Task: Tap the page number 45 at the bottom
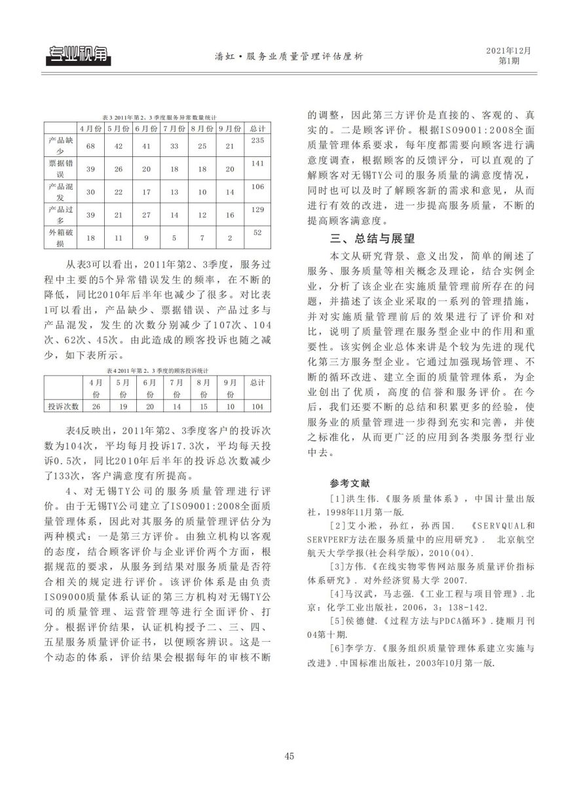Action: point(289,756)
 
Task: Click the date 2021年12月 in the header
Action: point(508,50)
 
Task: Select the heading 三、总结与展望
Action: point(372,238)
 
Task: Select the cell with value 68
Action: point(91,146)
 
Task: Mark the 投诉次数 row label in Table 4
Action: point(63,406)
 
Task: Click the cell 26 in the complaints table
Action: point(96,406)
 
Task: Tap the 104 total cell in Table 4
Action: point(257,406)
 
